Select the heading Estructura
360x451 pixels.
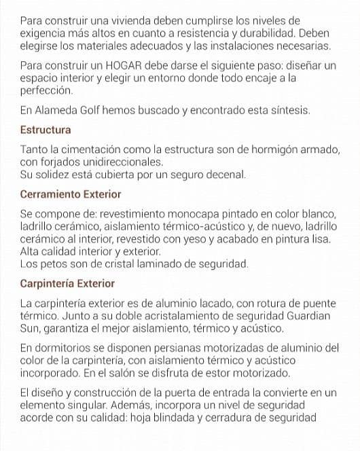[x=46, y=129]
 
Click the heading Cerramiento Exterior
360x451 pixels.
[x=71, y=194]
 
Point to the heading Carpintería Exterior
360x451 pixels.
[x=67, y=283]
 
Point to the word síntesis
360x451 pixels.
[x=289, y=109]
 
